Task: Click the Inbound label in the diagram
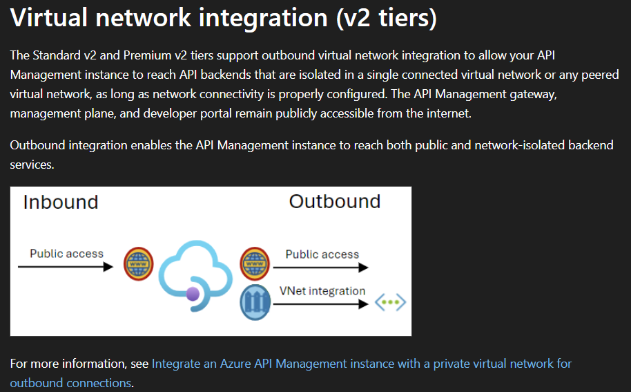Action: click(x=61, y=202)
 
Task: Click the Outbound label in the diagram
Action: click(x=335, y=201)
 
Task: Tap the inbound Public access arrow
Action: click(x=65, y=267)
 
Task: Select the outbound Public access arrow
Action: click(x=322, y=267)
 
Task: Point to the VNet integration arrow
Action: click(x=322, y=304)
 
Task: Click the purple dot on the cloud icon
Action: click(x=193, y=295)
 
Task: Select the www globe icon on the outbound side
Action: click(x=255, y=263)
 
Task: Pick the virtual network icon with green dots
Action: click(x=390, y=303)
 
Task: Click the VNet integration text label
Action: click(x=322, y=291)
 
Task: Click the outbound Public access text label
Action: click(x=322, y=254)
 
